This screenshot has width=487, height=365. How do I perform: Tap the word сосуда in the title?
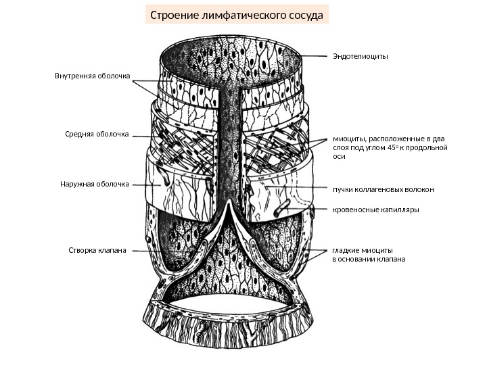coord(304,14)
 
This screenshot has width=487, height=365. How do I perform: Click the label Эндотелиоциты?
coord(361,56)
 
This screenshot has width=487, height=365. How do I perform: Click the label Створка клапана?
coord(98,250)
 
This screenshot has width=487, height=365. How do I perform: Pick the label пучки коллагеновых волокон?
coord(383,189)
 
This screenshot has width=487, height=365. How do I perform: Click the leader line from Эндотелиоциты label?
coord(315,56)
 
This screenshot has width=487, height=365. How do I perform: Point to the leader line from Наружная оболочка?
coord(145,183)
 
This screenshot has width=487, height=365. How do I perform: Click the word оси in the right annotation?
coord(340,157)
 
